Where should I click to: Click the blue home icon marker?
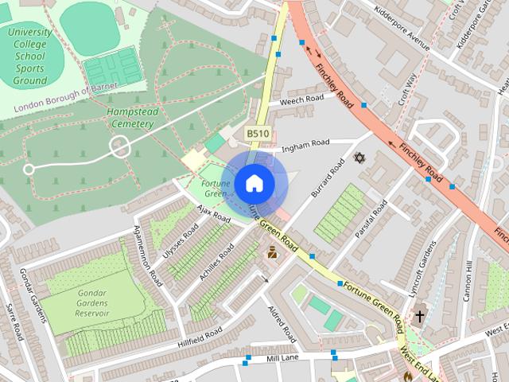[253, 184]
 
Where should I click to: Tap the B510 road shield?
[257, 134]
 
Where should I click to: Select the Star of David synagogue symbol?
[358, 157]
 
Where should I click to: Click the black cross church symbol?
[419, 318]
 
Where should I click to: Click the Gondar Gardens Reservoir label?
[93, 302]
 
